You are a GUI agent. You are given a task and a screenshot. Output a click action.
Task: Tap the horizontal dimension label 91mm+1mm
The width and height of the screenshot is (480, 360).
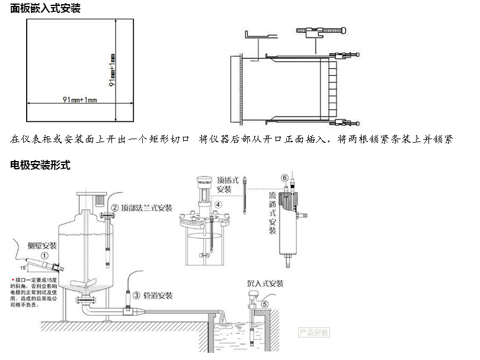pos(79,99)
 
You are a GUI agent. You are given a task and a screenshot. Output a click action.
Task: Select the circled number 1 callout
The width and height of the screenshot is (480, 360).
pos(44,253)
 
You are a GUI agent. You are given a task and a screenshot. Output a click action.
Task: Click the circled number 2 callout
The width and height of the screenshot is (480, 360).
pos(114,208)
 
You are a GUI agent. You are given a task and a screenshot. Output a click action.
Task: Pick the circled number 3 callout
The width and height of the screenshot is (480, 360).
pos(136,295)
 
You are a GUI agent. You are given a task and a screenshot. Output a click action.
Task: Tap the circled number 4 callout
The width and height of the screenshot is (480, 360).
pos(218,205)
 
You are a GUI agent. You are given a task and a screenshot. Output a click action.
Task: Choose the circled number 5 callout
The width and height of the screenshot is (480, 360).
pos(265,304)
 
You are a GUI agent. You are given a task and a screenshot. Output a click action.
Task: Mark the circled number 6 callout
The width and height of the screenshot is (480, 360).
pos(284,178)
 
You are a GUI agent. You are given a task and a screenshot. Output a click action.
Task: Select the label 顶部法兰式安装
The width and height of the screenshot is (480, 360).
pos(146,208)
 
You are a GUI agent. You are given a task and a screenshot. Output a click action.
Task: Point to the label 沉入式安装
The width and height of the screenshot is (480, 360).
pos(265,283)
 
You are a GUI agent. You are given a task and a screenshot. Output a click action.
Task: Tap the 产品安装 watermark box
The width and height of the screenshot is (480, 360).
pos(314,332)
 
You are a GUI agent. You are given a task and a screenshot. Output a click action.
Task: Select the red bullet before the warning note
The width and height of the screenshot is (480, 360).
pos(14,278)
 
